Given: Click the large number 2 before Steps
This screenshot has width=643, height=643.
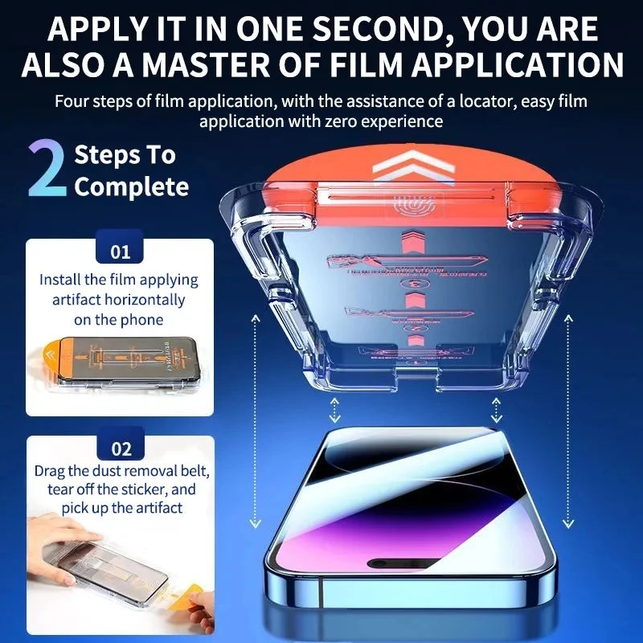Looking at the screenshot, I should (47, 170).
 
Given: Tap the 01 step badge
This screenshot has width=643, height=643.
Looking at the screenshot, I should (120, 252).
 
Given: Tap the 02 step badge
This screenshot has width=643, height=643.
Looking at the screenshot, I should (120, 448).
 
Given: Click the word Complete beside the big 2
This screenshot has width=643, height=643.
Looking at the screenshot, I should (131, 187).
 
